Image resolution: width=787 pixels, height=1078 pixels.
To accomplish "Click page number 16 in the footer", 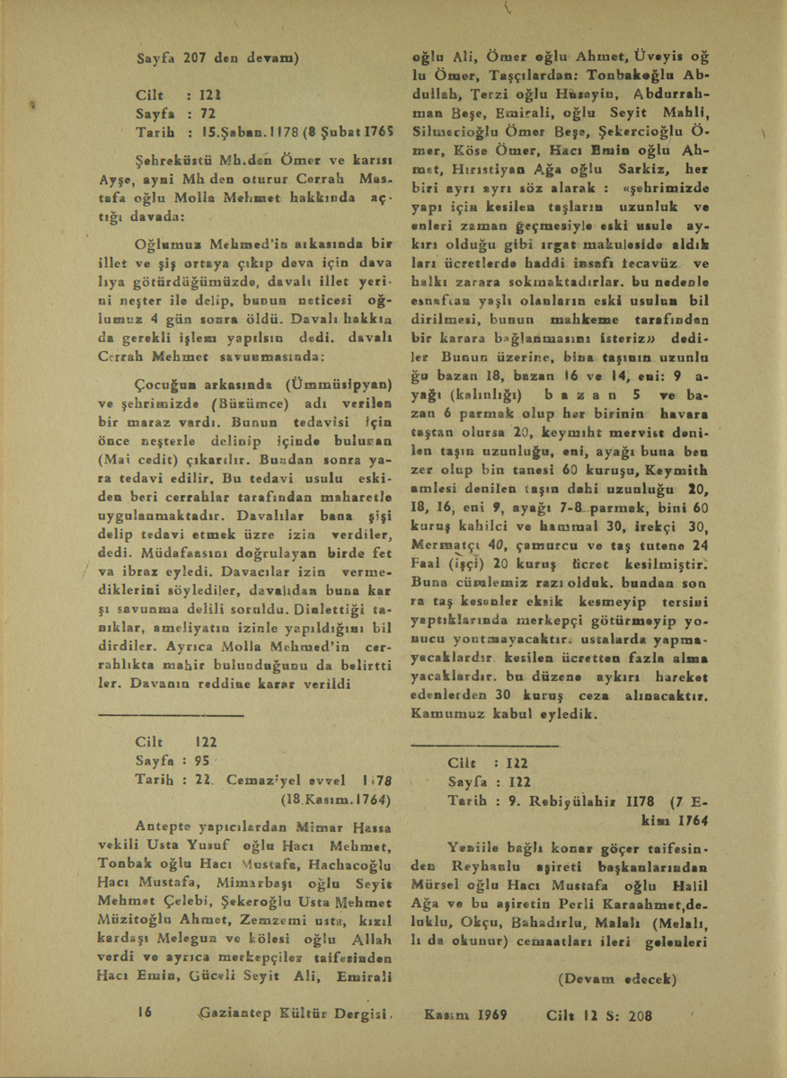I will [x=142, y=1011].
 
